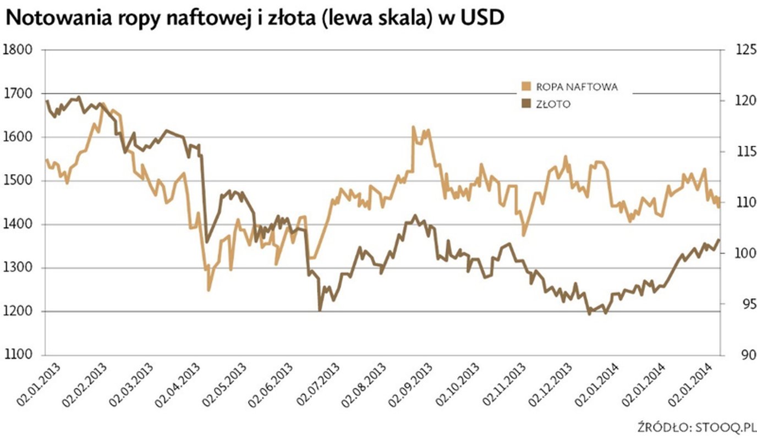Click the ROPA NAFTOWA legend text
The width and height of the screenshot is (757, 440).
[x=577, y=87]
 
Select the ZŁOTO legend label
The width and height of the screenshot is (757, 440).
[x=553, y=104]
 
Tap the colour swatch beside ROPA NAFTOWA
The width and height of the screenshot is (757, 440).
[x=526, y=86]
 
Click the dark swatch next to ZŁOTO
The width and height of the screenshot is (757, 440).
[x=526, y=103]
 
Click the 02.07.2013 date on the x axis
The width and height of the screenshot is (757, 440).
[x=319, y=384]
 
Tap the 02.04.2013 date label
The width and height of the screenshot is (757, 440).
[x=179, y=384]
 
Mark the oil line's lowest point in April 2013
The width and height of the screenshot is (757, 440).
[x=209, y=290]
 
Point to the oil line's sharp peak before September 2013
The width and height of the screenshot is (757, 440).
[x=413, y=127]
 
